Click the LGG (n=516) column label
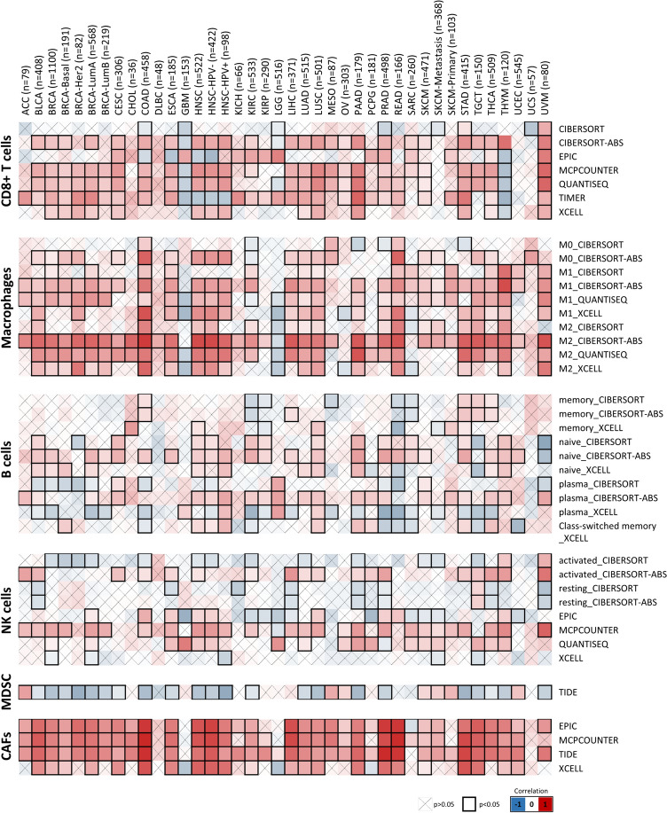pos(279,90)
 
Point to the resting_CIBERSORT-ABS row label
pos(608,603)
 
